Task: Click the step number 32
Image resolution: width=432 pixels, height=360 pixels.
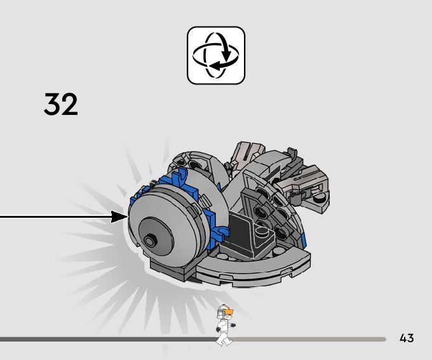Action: click(x=61, y=104)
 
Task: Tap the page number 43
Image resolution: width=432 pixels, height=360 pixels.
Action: click(x=407, y=338)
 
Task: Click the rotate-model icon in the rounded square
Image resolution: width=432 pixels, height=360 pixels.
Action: click(x=216, y=55)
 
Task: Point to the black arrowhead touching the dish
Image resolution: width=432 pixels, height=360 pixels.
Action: click(x=119, y=217)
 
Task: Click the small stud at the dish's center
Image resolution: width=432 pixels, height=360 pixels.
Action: click(x=150, y=241)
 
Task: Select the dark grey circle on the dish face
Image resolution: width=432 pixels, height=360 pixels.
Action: click(x=156, y=234)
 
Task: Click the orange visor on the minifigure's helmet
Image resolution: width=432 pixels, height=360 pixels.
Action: click(x=229, y=312)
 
